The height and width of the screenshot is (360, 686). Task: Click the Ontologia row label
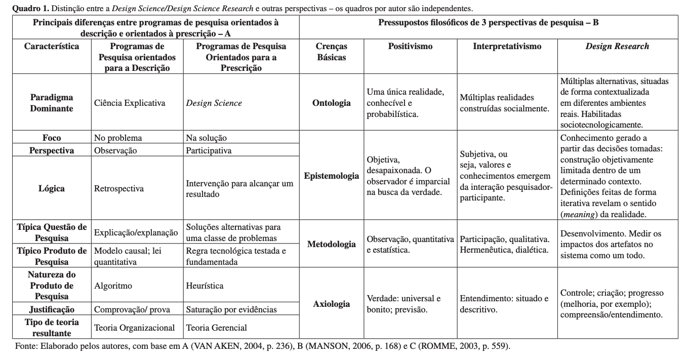(x=332, y=103)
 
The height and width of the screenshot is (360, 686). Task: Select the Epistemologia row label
(x=332, y=176)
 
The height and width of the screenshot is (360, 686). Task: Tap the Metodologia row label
(x=332, y=244)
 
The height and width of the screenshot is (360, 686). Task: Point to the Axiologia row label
(x=332, y=304)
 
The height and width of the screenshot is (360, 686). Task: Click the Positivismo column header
(x=410, y=47)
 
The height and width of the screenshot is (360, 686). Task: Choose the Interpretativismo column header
(x=507, y=47)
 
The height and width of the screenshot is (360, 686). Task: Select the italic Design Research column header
(x=617, y=47)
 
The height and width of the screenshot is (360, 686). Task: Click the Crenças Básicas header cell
(x=332, y=52)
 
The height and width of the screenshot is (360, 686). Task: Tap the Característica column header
(x=52, y=47)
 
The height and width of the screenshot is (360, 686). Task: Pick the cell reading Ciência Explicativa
(x=130, y=103)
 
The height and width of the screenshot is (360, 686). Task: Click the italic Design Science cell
(x=214, y=103)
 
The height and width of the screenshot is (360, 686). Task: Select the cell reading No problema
(x=118, y=138)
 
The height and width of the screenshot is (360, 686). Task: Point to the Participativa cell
(x=209, y=150)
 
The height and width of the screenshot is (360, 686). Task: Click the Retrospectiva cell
(x=119, y=188)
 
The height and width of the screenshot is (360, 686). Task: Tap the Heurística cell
(x=205, y=286)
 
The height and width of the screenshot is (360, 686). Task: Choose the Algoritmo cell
(x=113, y=286)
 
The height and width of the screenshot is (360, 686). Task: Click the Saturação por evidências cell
(x=231, y=309)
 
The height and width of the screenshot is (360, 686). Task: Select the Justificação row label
(x=52, y=309)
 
